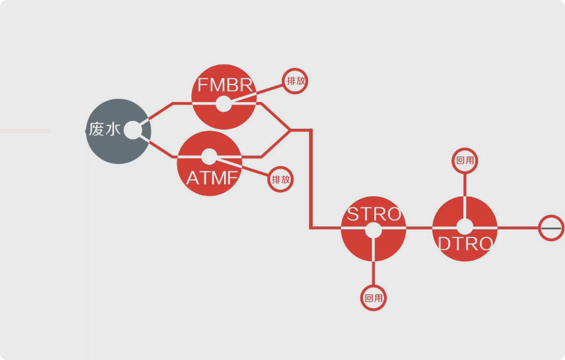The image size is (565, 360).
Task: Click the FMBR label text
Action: click(x=225, y=85)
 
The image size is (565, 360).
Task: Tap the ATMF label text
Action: click(x=212, y=178)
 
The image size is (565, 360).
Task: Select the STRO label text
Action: click(x=374, y=214)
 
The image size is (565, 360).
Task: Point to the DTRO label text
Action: click(x=465, y=244)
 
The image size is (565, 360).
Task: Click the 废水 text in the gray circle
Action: click(x=105, y=129)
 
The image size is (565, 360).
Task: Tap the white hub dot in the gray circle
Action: click(x=133, y=130)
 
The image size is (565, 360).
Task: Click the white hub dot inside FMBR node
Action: click(x=224, y=104)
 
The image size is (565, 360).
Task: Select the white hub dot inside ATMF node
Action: click(x=209, y=157)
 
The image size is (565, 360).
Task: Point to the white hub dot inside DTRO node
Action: click(x=465, y=227)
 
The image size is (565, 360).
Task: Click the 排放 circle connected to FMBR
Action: click(x=295, y=81)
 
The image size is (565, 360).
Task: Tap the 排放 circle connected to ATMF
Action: click(x=280, y=179)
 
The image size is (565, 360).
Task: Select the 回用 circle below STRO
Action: click(x=374, y=298)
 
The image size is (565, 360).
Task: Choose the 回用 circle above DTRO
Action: click(x=465, y=160)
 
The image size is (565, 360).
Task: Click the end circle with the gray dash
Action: click(x=551, y=228)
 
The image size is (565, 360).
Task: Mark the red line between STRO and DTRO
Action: click(x=419, y=228)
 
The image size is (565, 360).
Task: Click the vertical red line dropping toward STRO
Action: click(x=311, y=179)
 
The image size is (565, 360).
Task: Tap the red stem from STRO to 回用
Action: click(x=374, y=273)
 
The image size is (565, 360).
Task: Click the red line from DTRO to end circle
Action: click(x=518, y=228)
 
